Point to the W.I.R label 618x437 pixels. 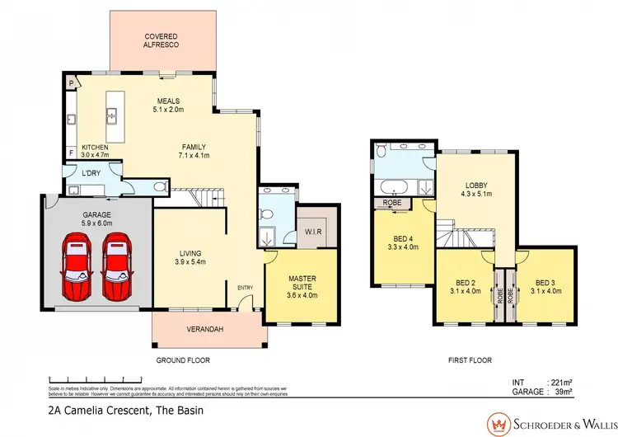(314, 232)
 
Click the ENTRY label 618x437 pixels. (246, 286)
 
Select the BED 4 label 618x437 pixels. (403, 239)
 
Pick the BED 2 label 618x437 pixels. (466, 283)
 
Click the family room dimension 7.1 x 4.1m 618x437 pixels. (194, 155)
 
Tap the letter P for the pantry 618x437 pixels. (72, 83)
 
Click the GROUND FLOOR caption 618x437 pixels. (182, 360)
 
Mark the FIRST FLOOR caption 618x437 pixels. (469, 360)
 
